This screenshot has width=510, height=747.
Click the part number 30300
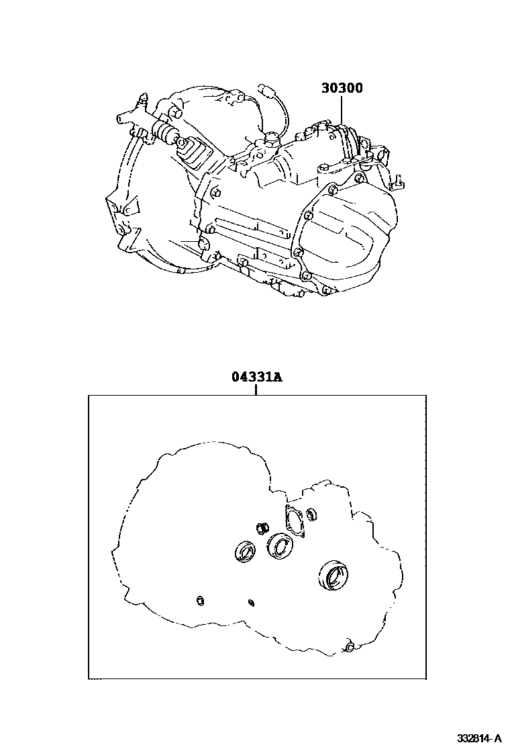(342, 87)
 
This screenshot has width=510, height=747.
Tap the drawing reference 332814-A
(479, 738)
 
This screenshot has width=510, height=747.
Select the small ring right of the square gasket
(311, 514)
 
